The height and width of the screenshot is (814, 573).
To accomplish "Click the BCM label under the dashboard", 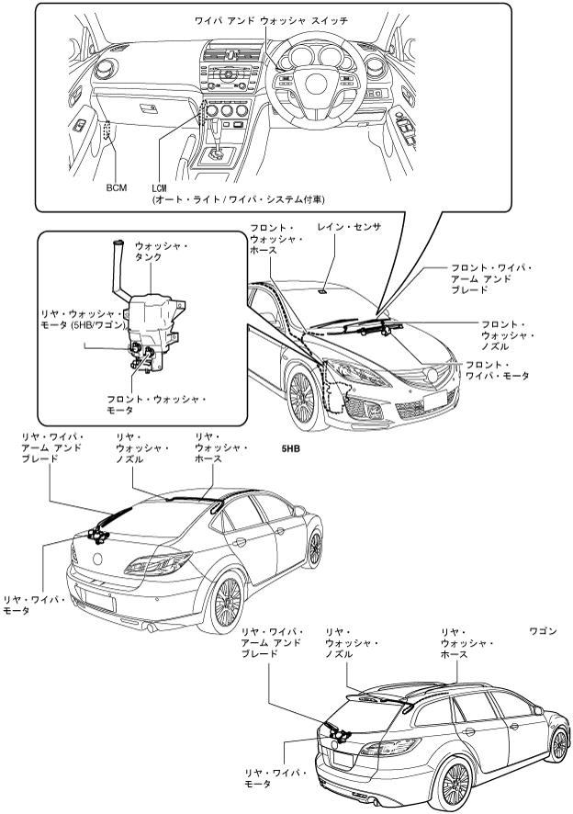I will pos(116,187).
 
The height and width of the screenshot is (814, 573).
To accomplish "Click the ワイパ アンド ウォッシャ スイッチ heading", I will pos(271,19).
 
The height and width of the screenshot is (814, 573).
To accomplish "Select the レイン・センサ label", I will pos(348,226).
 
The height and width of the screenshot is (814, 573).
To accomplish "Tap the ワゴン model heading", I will pos(543,632).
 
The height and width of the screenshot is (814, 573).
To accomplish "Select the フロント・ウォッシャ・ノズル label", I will pos(509,336).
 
